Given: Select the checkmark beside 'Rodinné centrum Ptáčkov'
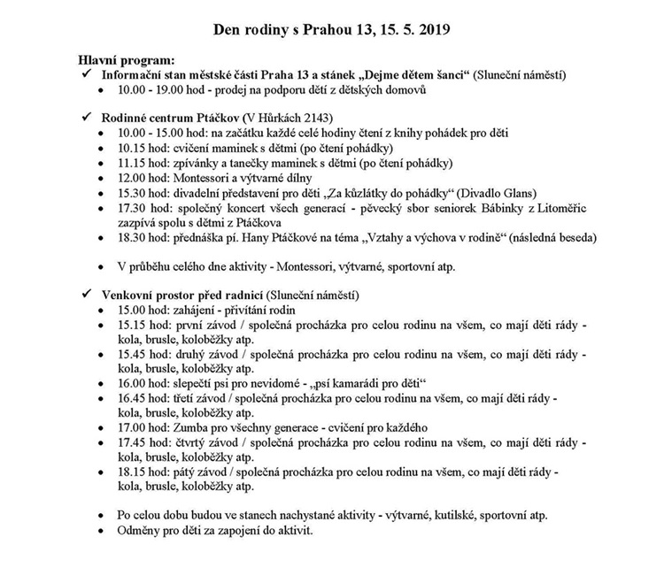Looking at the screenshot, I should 87,118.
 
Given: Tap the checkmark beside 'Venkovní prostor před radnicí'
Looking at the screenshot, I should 87,293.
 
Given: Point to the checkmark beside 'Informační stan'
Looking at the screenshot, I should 87,75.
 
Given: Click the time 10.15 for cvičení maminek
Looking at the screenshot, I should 133,148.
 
